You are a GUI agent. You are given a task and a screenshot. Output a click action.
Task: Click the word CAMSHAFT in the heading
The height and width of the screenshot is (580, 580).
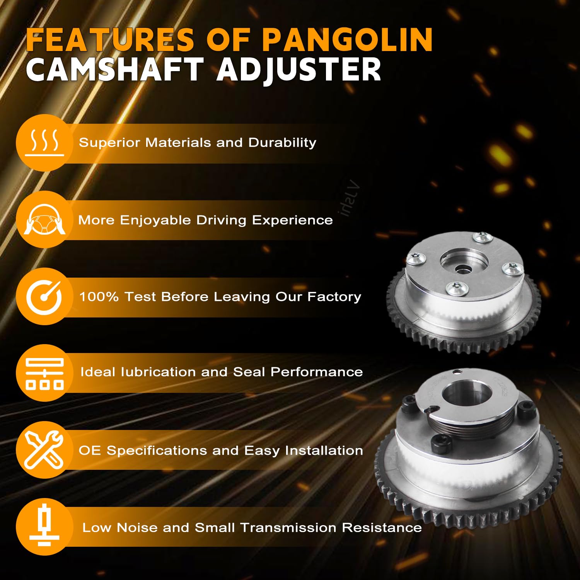[x=115, y=70]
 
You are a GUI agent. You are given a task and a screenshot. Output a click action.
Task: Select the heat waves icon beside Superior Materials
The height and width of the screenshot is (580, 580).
[x=44, y=143]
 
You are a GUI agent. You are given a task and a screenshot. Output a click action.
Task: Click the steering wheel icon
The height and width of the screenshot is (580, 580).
[x=44, y=219]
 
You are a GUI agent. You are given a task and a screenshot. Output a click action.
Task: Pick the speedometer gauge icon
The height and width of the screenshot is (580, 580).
[x=44, y=297]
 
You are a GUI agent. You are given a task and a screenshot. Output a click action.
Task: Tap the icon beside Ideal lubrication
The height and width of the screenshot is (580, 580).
[x=44, y=373]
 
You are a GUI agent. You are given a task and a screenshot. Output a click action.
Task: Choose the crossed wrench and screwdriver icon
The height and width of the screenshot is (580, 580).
[x=44, y=450]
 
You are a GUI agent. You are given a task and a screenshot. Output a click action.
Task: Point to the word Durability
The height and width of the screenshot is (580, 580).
[x=282, y=143]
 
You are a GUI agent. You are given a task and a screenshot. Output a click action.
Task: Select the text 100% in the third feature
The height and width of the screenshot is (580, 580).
[x=99, y=297]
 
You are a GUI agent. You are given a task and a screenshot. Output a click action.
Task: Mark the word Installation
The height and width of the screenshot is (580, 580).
[x=324, y=450]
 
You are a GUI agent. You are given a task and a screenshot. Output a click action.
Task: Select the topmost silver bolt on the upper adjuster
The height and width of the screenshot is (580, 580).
[x=483, y=237]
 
